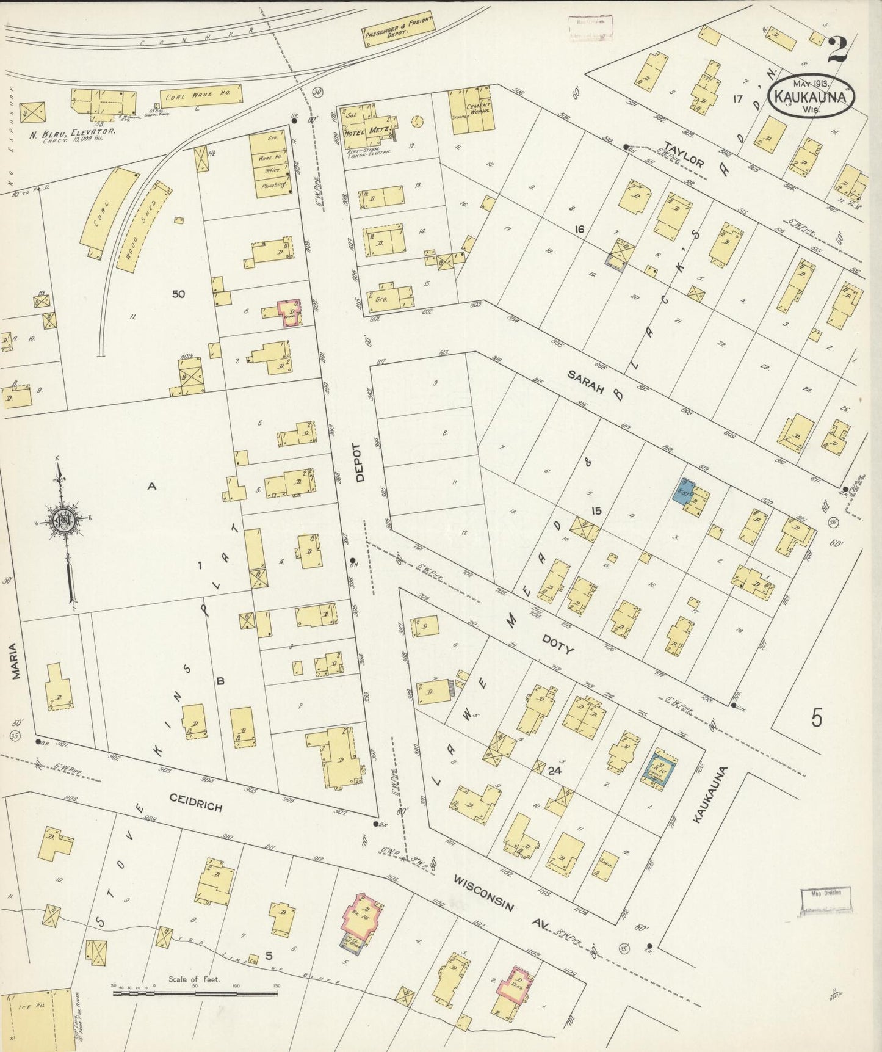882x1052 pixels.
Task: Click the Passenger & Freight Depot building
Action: coord(398,29)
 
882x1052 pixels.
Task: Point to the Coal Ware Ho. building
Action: coord(201,96)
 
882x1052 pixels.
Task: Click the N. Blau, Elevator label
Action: coord(73,131)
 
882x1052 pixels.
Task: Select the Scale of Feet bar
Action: coord(195,993)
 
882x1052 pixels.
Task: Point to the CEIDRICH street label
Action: coord(195,802)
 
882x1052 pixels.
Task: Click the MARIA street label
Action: coord(16,661)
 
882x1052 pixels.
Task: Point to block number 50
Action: coord(178,294)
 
